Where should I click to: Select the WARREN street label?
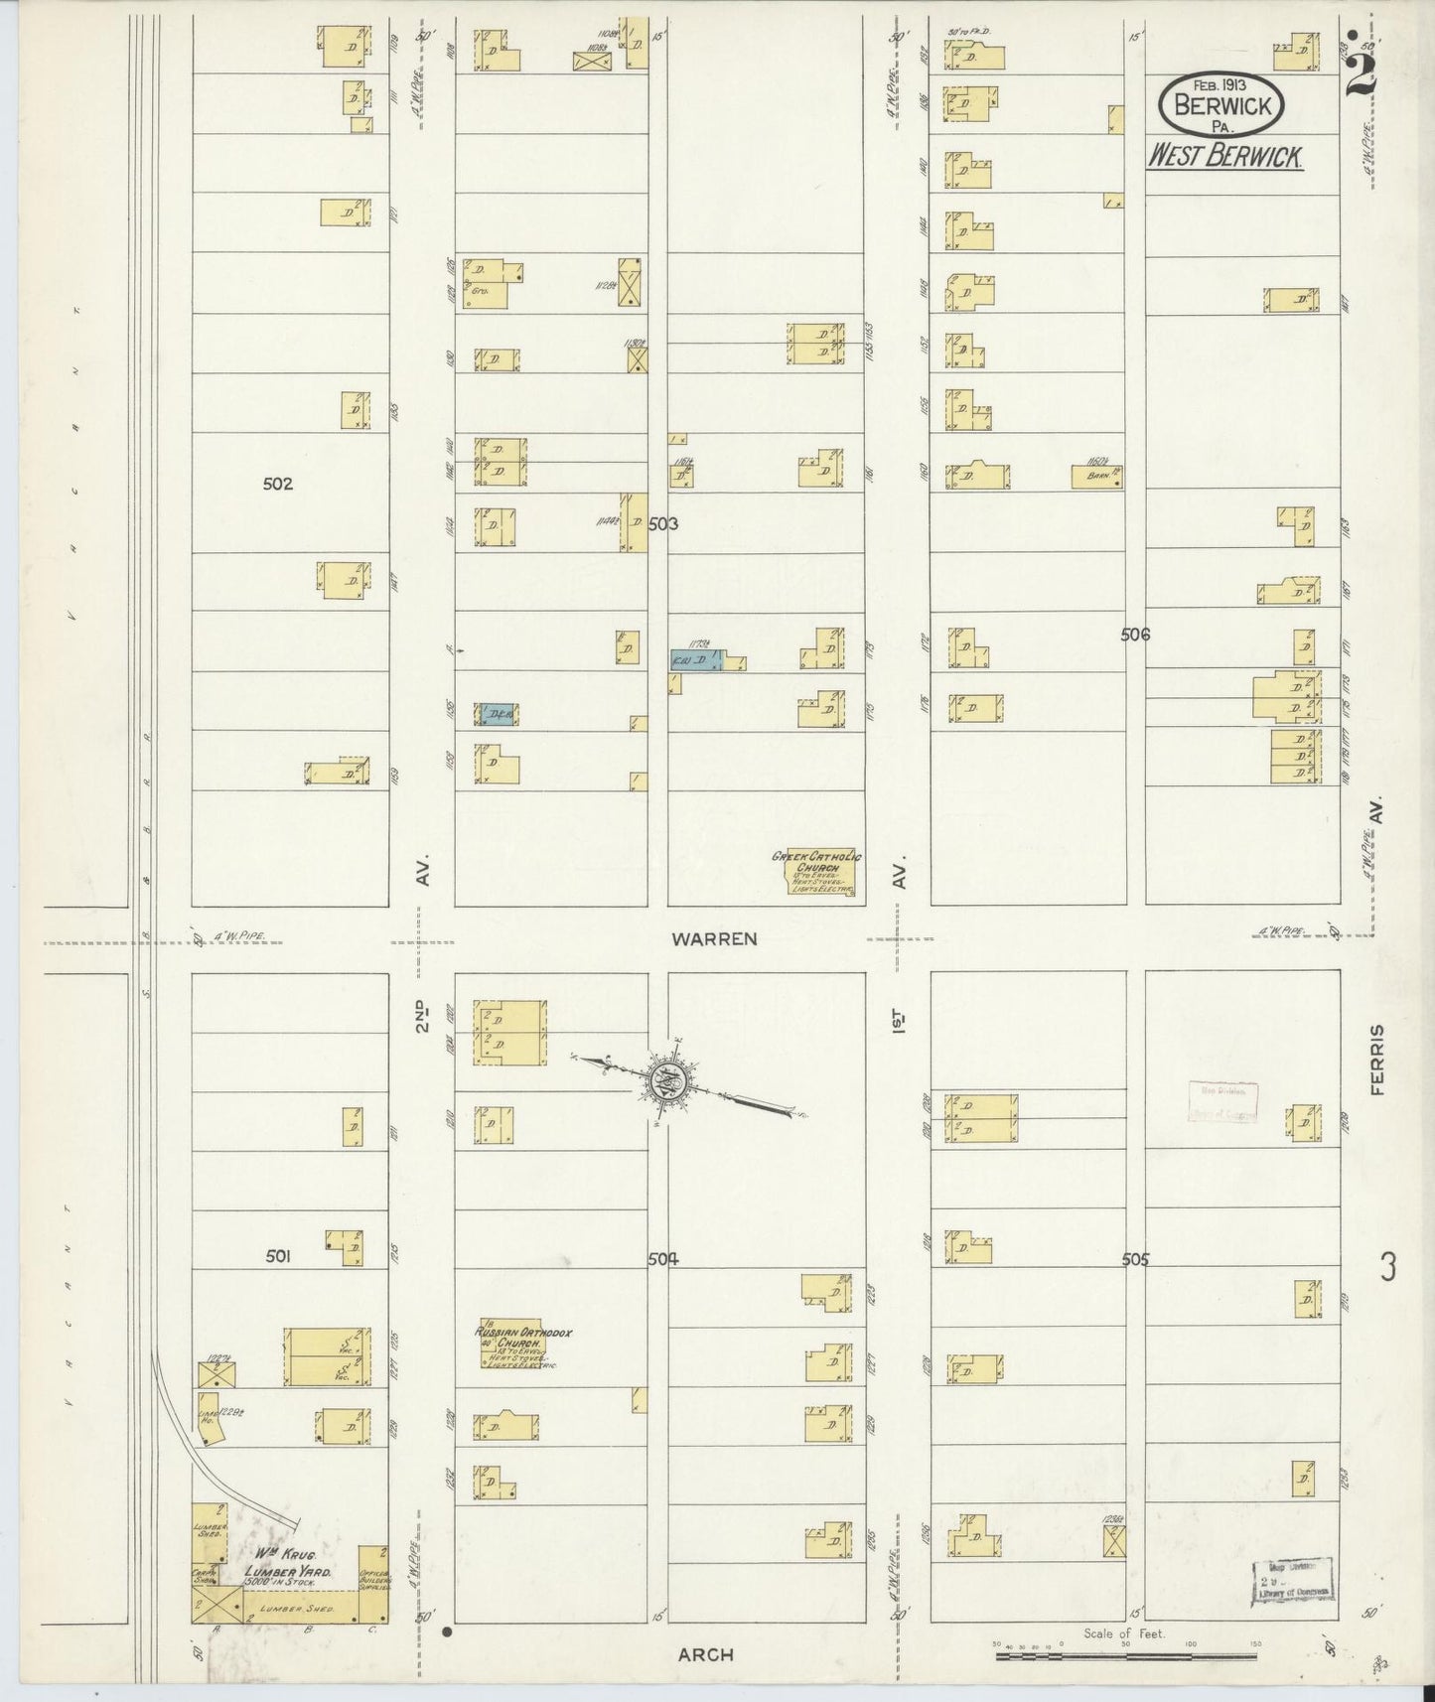click(x=714, y=937)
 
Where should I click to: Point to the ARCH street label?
click(x=705, y=1653)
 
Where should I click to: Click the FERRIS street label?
click(x=1375, y=1060)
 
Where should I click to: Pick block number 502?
click(x=278, y=485)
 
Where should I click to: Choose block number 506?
click(x=1134, y=634)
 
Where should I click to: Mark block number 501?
click(x=278, y=1256)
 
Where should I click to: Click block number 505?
click(x=1134, y=1259)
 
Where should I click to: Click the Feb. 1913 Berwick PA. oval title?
click(x=1222, y=104)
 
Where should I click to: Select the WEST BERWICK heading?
click(x=1225, y=157)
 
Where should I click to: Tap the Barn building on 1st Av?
click(x=1097, y=477)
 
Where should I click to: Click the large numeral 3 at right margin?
click(x=1388, y=1267)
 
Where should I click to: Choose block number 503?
click(x=662, y=523)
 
